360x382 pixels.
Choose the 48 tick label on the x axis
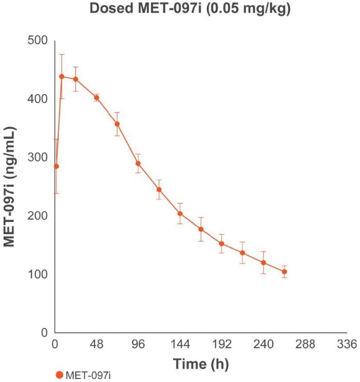coord(96,345)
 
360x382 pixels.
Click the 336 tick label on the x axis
coord(347,345)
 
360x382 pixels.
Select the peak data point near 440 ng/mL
coord(62,76)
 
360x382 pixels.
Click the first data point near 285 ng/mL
coord(57,166)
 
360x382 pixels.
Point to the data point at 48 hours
coord(96,97)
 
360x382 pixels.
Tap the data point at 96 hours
coord(138,164)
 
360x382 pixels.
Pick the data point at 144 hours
coord(180,214)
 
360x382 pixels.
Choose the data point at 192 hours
coord(221,244)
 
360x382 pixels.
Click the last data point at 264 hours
coord(284,272)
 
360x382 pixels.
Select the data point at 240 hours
coord(263,263)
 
